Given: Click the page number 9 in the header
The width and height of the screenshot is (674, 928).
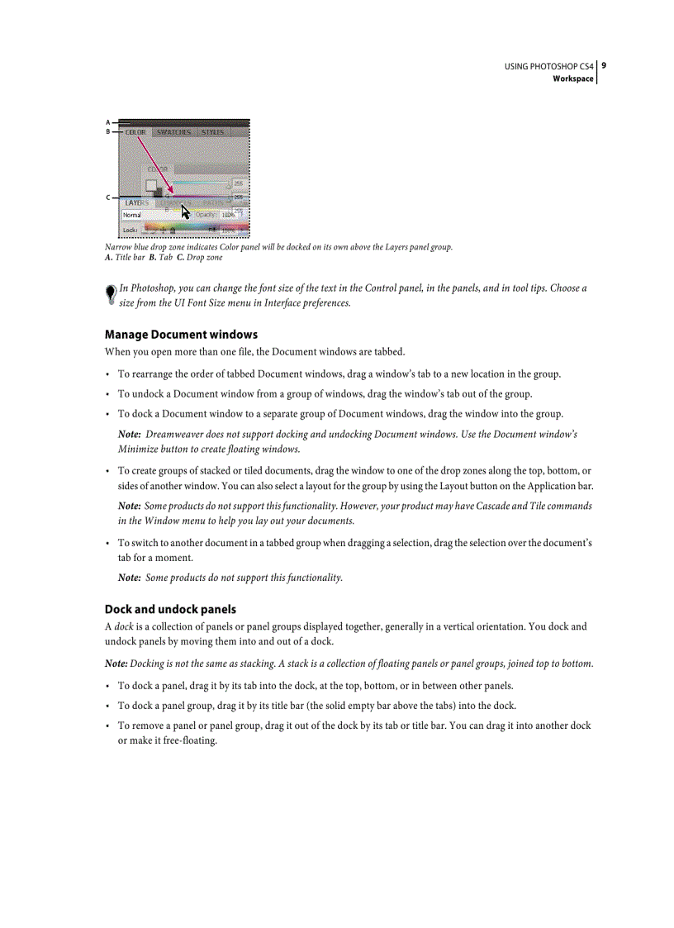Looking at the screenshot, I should coord(605,65).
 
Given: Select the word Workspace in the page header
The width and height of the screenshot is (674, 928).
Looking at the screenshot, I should coord(573,79).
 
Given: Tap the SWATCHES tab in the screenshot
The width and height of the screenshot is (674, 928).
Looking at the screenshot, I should coord(173,132).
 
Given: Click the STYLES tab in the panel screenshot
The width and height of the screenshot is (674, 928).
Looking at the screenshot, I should coord(213,132).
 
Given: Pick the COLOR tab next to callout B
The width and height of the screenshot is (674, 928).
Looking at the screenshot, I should coord(135,132).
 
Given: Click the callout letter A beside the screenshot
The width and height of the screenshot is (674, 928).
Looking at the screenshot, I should coord(107,122).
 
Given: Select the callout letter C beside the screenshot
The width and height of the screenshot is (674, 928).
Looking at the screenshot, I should coord(107,197).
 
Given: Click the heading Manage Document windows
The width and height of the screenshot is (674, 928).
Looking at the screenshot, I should coord(181,335).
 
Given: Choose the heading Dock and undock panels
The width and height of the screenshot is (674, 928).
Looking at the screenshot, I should coord(170,610).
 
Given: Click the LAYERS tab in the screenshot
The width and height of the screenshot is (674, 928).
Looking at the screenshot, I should coord(137,202).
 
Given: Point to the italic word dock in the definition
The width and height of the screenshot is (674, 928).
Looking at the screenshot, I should coord(123,626).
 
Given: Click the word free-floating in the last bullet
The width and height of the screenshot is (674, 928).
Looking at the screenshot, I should coord(191,740).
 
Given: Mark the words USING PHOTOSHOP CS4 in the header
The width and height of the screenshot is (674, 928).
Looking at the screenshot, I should coord(549,66).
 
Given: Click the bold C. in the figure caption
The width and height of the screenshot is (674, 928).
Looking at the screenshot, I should coord(180,258).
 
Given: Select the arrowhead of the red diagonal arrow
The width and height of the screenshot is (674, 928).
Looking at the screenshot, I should coord(170,193).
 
